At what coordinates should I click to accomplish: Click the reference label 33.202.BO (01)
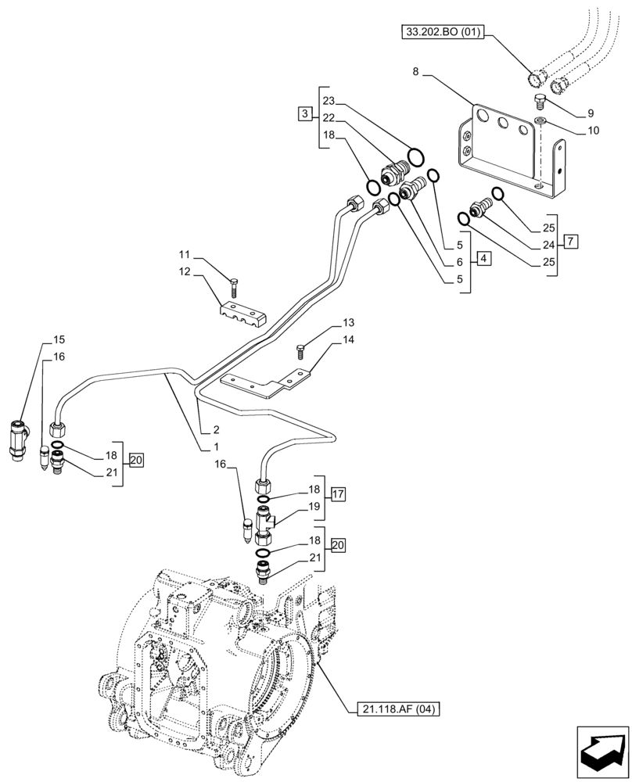point(443,32)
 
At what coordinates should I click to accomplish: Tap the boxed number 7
point(571,241)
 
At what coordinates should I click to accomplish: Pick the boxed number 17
point(338,493)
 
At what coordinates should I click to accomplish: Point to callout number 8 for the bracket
point(416,71)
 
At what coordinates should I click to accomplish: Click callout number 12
point(184,271)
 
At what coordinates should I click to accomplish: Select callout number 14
point(348,339)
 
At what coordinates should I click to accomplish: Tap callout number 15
point(59,340)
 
